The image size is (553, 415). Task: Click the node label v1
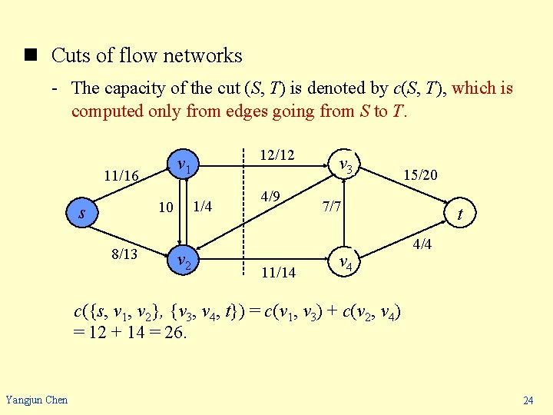(184, 165)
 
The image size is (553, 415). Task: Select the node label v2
(184, 261)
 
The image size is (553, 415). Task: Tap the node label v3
(346, 165)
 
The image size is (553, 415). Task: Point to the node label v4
(346, 263)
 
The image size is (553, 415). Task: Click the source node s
(82, 213)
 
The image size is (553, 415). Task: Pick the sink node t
(459, 215)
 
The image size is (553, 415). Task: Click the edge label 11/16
(121, 177)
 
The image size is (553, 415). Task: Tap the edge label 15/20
(421, 175)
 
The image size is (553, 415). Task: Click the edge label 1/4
(202, 206)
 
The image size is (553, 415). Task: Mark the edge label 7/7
(332, 207)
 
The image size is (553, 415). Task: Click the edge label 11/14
(278, 272)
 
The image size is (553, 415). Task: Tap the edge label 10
(165, 207)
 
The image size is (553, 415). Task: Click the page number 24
(528, 400)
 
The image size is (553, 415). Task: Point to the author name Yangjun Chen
(36, 399)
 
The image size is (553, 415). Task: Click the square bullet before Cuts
(31, 56)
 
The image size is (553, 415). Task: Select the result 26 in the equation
(179, 334)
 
